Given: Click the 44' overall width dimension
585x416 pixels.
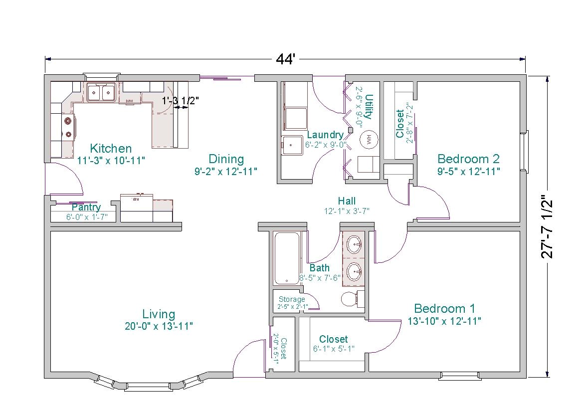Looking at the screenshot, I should click(286, 59).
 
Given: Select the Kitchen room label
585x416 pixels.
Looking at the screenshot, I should click(111, 148).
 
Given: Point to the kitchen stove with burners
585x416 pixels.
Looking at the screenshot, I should click(68, 127).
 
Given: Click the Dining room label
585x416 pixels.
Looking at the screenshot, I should click(226, 159).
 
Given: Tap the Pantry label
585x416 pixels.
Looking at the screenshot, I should click(86, 207).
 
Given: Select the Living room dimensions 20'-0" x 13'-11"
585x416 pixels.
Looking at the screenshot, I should click(159, 326).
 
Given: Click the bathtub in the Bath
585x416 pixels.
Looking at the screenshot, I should click(287, 258).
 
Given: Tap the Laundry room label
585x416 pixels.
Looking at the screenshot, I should click(325, 135).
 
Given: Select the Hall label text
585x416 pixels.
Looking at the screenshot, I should click(346, 201).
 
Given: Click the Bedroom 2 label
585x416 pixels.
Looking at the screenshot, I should click(468, 159).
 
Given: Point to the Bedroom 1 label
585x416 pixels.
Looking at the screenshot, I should click(444, 308).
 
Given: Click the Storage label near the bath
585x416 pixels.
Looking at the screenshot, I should click(292, 299).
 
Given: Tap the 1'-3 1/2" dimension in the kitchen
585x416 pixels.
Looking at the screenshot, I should click(181, 100).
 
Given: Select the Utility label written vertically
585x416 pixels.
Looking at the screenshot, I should click(369, 107).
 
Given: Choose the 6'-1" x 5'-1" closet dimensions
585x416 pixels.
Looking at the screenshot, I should click(334, 349).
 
